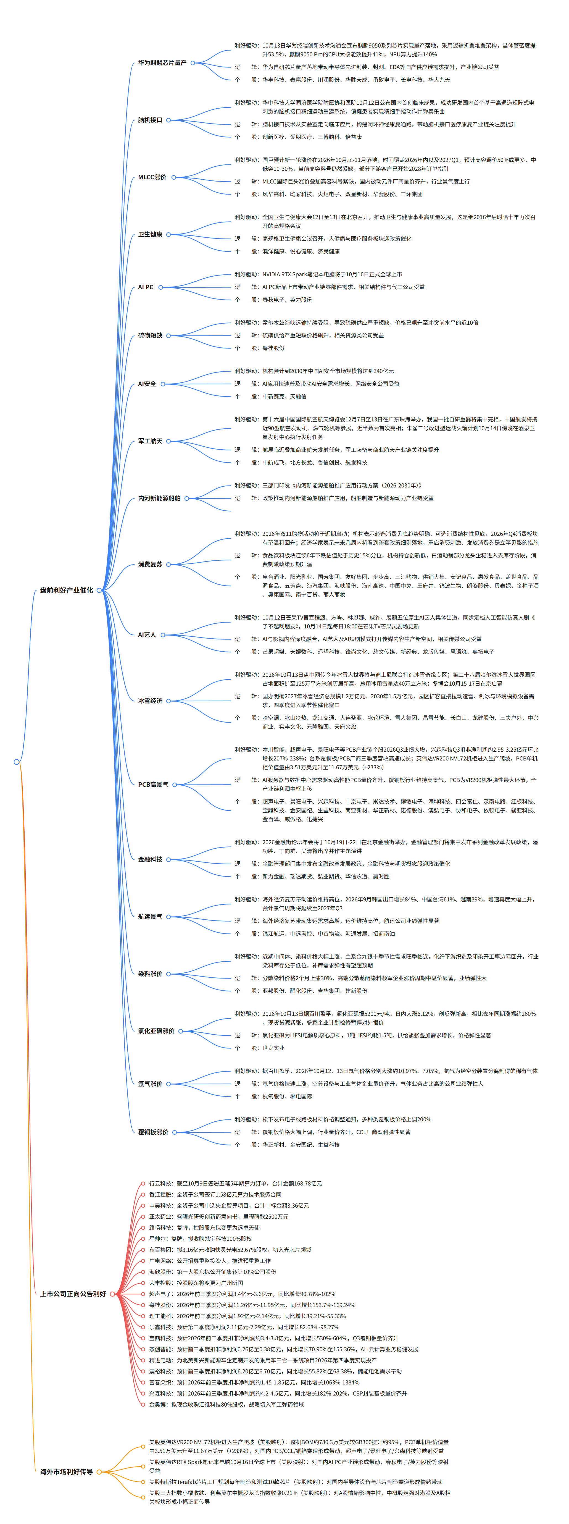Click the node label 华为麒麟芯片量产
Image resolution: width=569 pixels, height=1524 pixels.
(162, 63)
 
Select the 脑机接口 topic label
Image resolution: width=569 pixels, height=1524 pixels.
(150, 120)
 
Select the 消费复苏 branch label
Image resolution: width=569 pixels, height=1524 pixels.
(150, 564)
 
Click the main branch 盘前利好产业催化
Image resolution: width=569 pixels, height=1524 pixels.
(66, 591)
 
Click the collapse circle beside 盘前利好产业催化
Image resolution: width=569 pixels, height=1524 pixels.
(99, 591)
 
